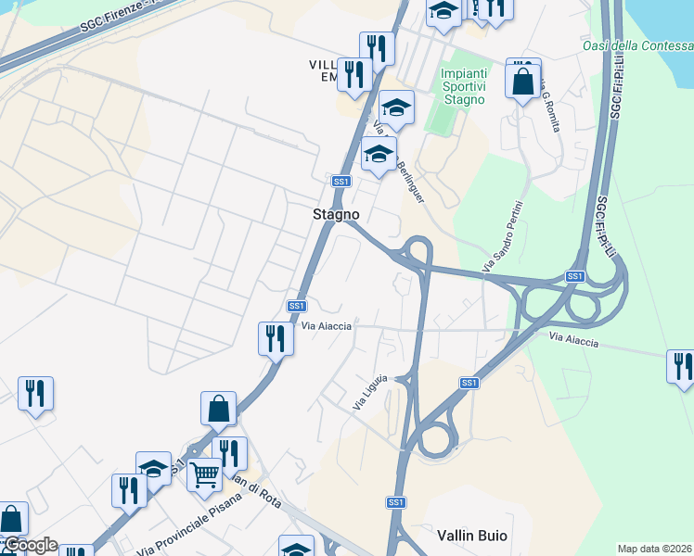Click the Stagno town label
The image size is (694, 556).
(335, 214)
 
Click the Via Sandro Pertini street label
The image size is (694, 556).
(503, 236)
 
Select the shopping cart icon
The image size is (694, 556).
(204, 474)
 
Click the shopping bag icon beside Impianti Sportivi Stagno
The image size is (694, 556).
(523, 79)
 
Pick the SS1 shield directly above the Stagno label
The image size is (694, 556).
(341, 182)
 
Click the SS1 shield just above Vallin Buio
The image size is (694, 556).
(396, 502)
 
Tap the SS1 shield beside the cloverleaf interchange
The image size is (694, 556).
(575, 277)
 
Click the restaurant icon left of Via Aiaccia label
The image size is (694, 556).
(276, 338)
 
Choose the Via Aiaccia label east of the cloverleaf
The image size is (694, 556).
(573, 342)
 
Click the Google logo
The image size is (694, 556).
(30, 545)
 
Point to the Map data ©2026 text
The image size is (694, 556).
(654, 549)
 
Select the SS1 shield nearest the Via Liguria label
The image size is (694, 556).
(469, 383)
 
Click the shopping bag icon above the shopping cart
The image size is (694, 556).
(218, 408)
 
